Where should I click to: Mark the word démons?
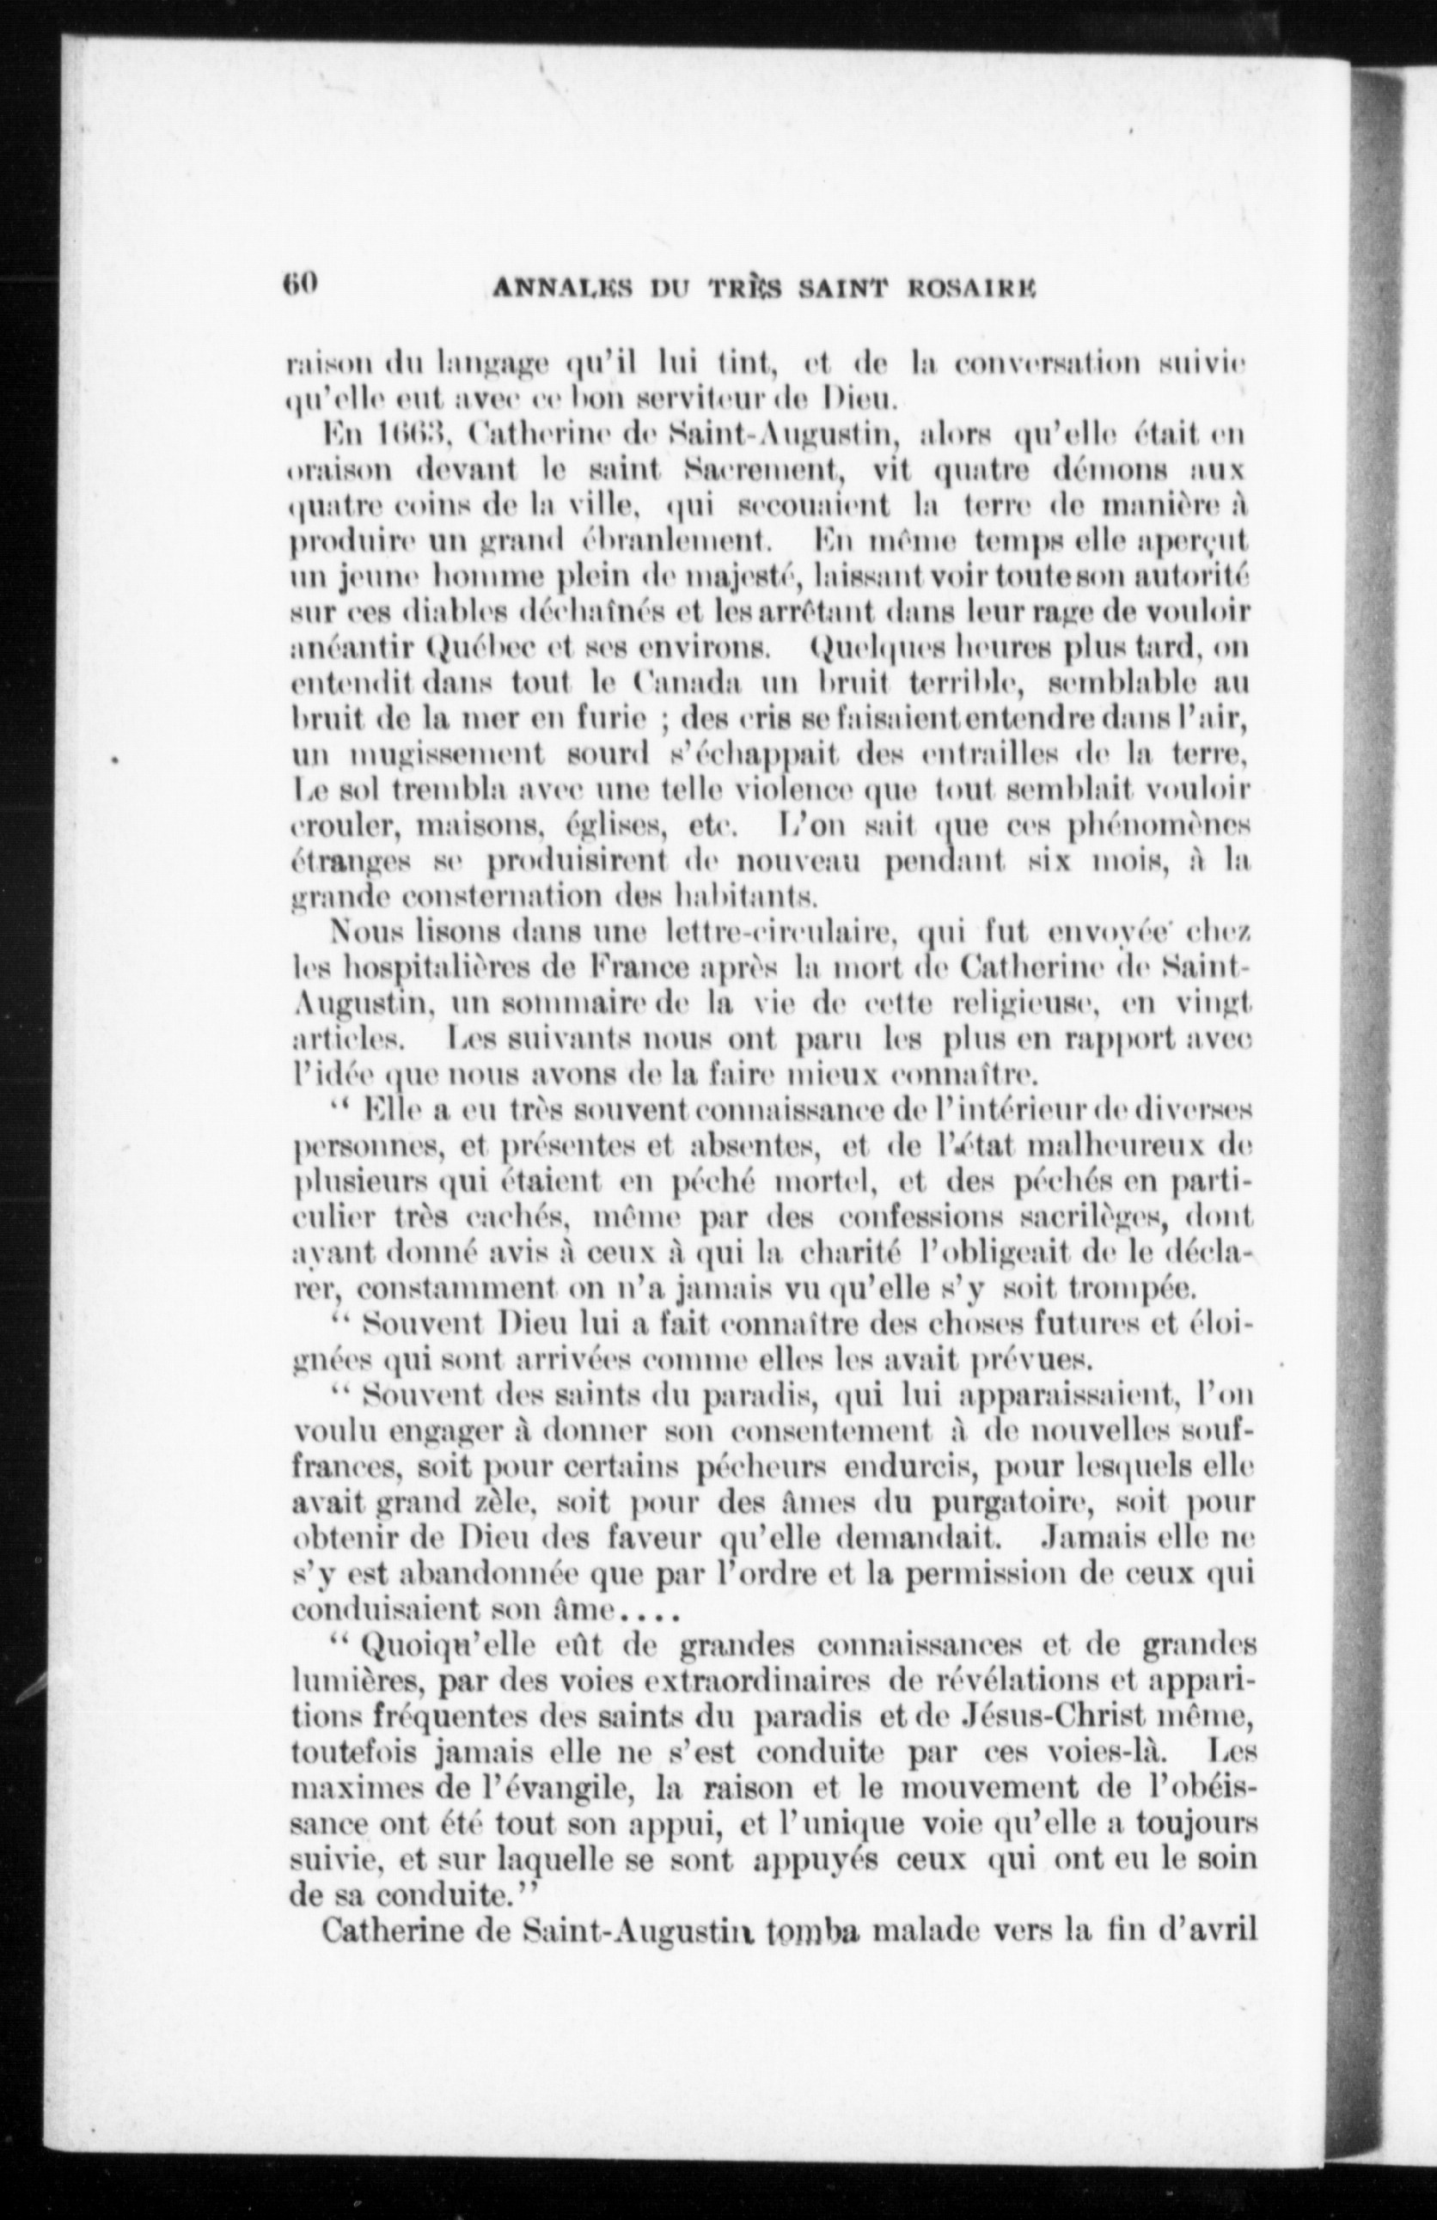(1085, 472)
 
